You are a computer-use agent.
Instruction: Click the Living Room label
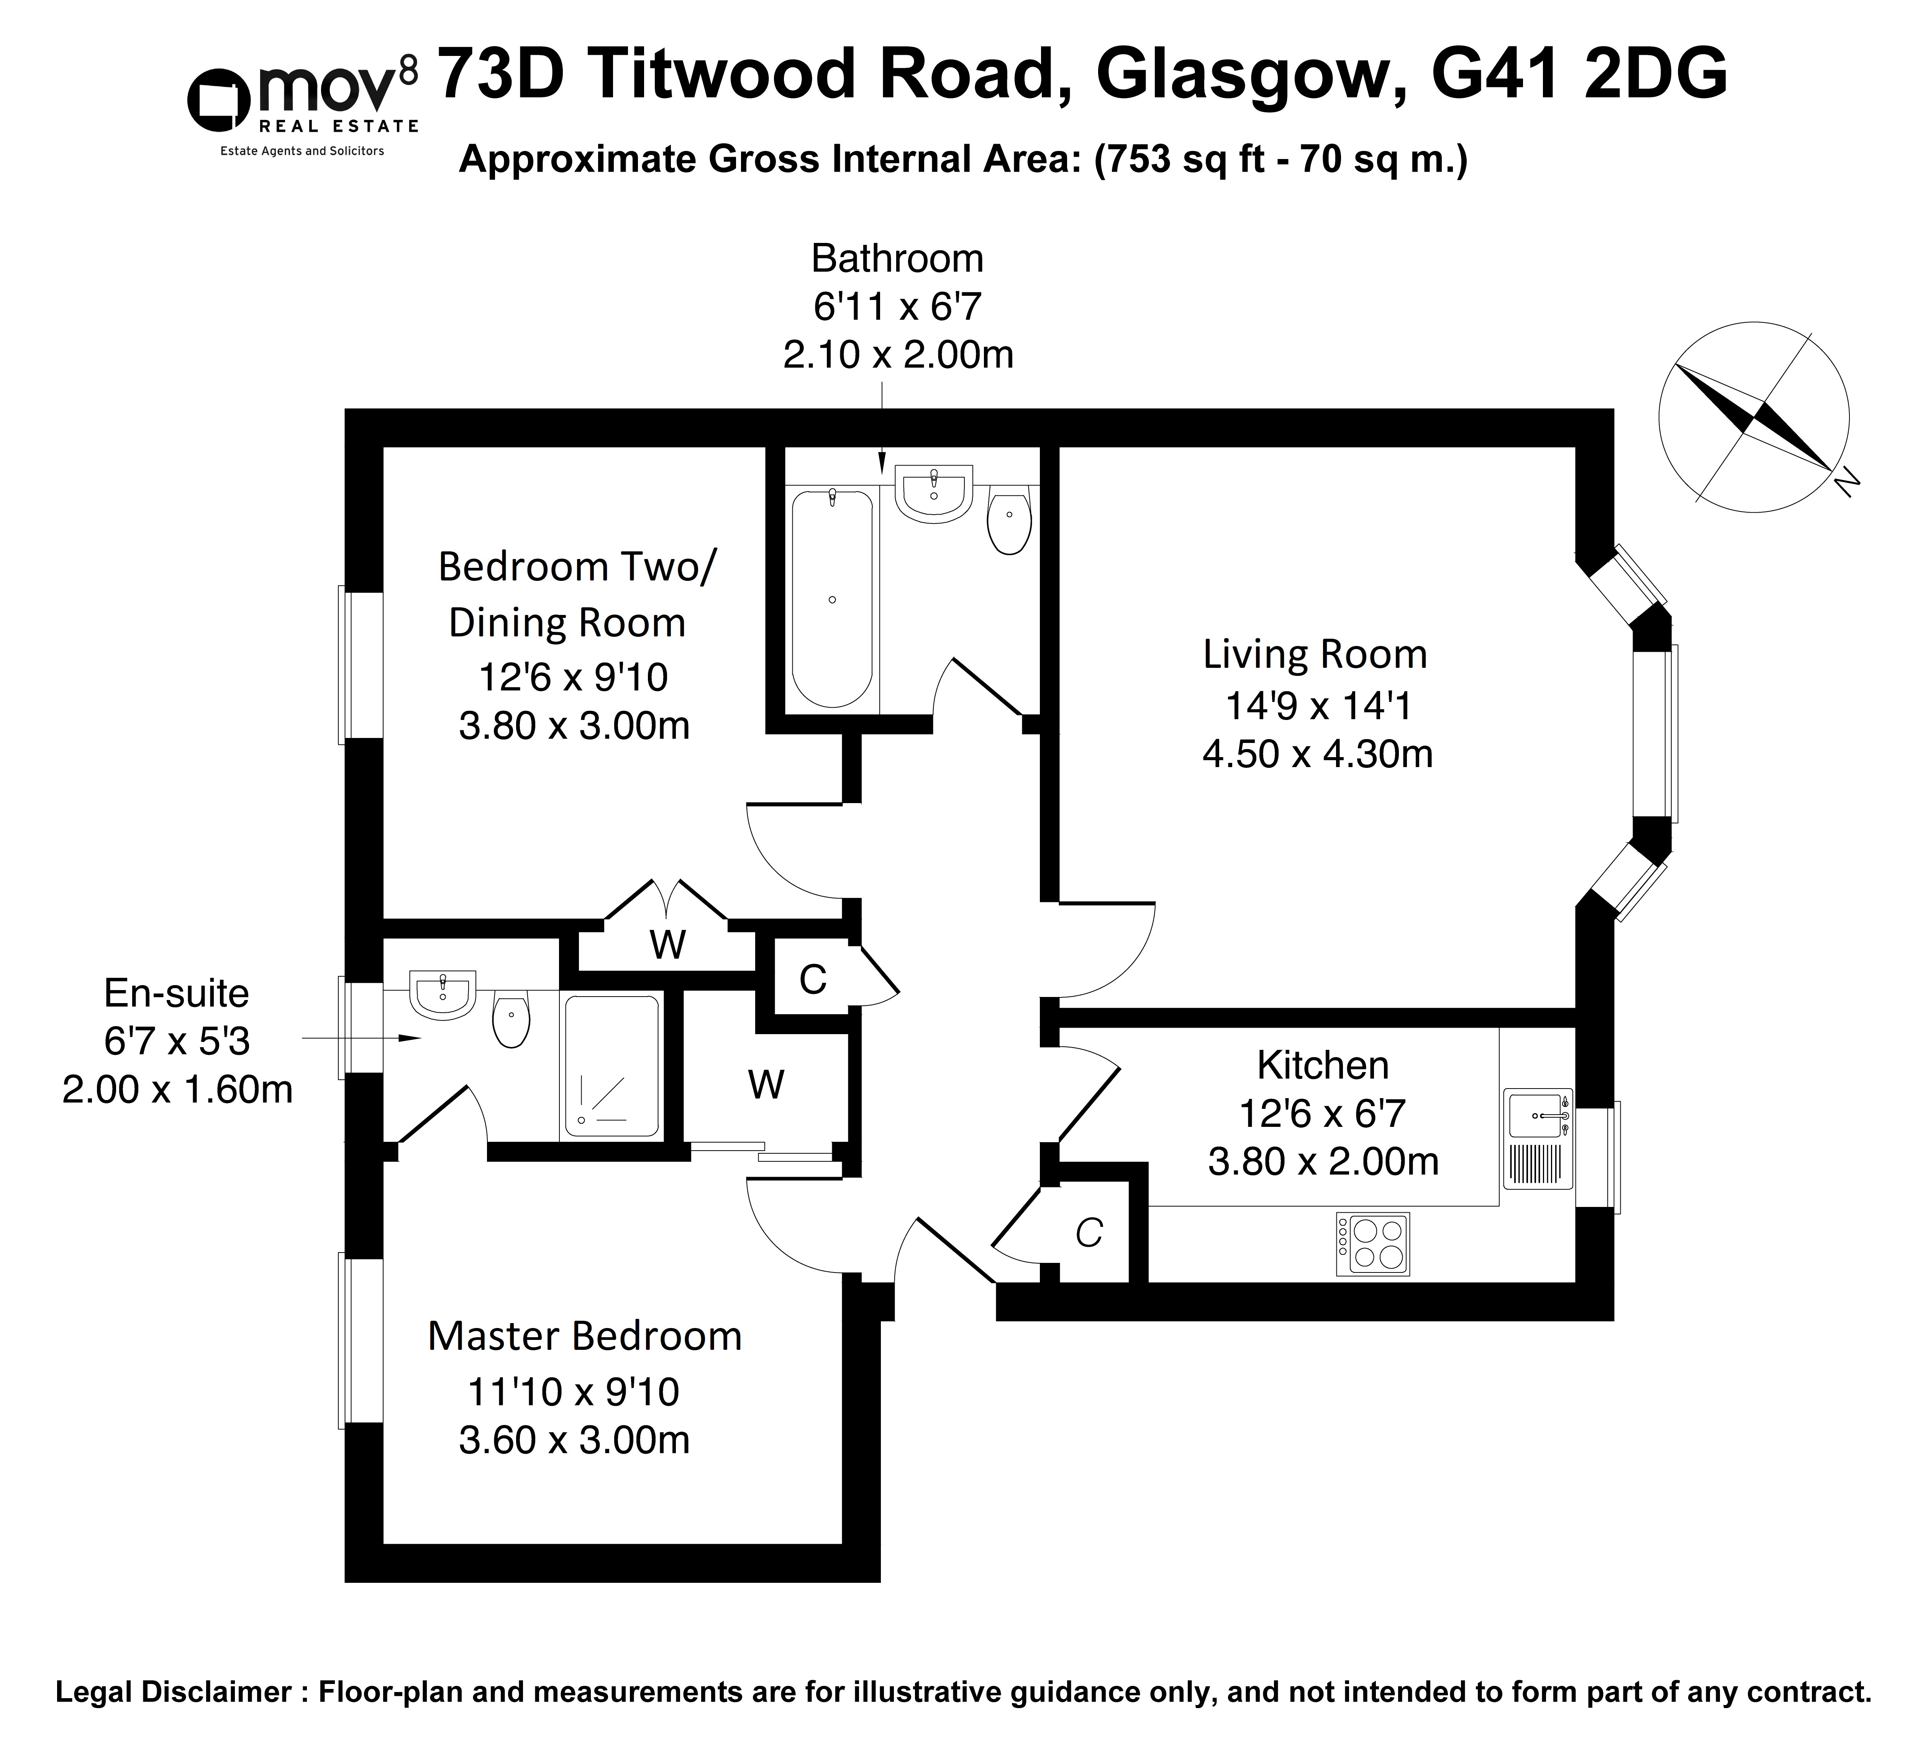coord(1315,654)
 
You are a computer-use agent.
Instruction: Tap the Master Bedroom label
coord(584,1336)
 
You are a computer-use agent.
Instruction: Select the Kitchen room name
coord(1323,1065)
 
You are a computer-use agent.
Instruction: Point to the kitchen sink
coord(1538,1139)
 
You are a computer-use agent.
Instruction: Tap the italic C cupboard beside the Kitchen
coord(1089,1234)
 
